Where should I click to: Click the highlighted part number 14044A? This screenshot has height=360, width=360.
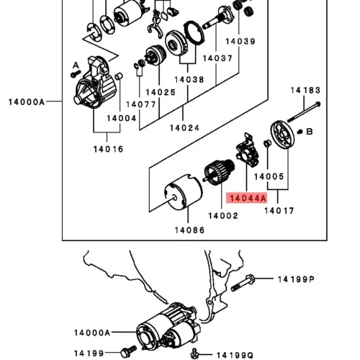[x=248, y=199]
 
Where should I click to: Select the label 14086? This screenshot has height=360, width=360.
[x=189, y=230]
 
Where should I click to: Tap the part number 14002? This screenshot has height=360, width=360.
[x=223, y=216]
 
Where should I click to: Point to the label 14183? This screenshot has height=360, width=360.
[x=305, y=90]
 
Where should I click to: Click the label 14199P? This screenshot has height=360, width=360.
[x=296, y=279]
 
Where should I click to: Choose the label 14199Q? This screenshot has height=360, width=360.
[x=235, y=355]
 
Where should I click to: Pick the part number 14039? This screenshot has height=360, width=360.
[x=240, y=41]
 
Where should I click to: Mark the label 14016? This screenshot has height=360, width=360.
[x=108, y=149]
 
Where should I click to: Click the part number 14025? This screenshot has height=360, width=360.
[x=161, y=92]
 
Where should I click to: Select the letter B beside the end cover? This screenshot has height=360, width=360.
[x=310, y=132]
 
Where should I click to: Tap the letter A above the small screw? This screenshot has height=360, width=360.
[x=76, y=66]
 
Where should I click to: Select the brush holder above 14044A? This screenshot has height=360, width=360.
[x=248, y=150]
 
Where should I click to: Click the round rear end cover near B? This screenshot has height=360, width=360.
[x=283, y=135]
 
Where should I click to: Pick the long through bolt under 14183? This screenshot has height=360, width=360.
[x=304, y=112]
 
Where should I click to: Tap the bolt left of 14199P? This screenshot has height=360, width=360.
[x=243, y=283]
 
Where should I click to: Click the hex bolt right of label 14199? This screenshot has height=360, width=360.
[x=129, y=351]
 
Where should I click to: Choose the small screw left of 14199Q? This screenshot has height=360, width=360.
[x=194, y=354]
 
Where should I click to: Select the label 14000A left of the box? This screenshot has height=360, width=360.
[x=27, y=102]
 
